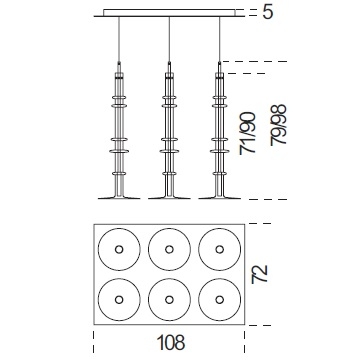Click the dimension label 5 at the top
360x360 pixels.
click(268, 13)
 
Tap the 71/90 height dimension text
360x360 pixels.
click(248, 134)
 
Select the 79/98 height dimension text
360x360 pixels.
click(279, 125)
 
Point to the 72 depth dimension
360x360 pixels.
click(260, 274)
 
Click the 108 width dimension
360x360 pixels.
click(170, 342)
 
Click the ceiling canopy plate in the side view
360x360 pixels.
click(170, 13)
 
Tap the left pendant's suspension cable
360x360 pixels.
click(119, 39)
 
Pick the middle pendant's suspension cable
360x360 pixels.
click(169, 39)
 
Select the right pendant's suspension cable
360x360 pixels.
click(219, 39)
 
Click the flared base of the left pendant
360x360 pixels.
click(119, 197)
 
